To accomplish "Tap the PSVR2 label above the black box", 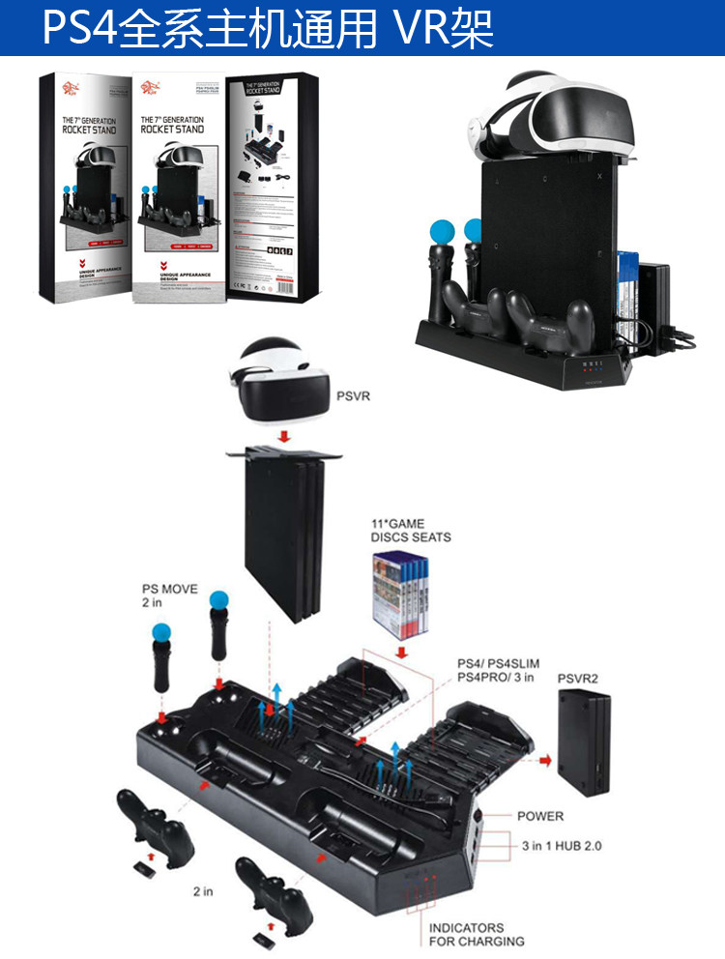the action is click(577, 679).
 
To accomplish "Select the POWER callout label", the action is click(540, 816).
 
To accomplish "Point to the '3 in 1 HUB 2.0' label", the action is click(561, 845).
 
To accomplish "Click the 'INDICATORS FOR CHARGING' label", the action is click(478, 934).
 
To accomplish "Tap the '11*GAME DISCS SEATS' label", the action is click(410, 531).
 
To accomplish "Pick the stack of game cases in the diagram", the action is click(397, 594).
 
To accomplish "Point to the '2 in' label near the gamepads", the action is click(202, 891).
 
